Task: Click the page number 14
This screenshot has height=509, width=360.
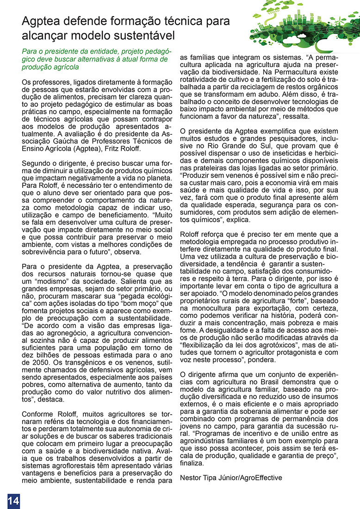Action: pos(13,501)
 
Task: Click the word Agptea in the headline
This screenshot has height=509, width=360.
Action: pos(43,21)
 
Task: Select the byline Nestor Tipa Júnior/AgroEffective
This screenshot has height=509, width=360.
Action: pos(230,477)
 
